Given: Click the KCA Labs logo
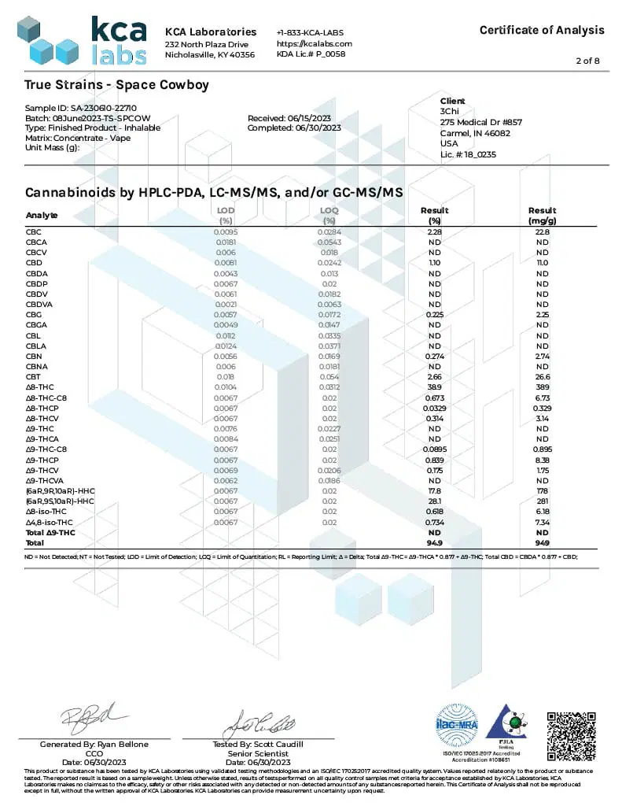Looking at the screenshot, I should tap(83, 40).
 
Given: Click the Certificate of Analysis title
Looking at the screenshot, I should tap(542, 30).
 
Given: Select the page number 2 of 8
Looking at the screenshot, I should tap(588, 61).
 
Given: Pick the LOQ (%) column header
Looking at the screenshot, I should tap(329, 215).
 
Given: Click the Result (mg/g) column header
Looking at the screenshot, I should tap(542, 215).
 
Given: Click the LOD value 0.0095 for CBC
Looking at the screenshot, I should tap(226, 232).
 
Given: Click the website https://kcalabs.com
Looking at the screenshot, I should tap(314, 43).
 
